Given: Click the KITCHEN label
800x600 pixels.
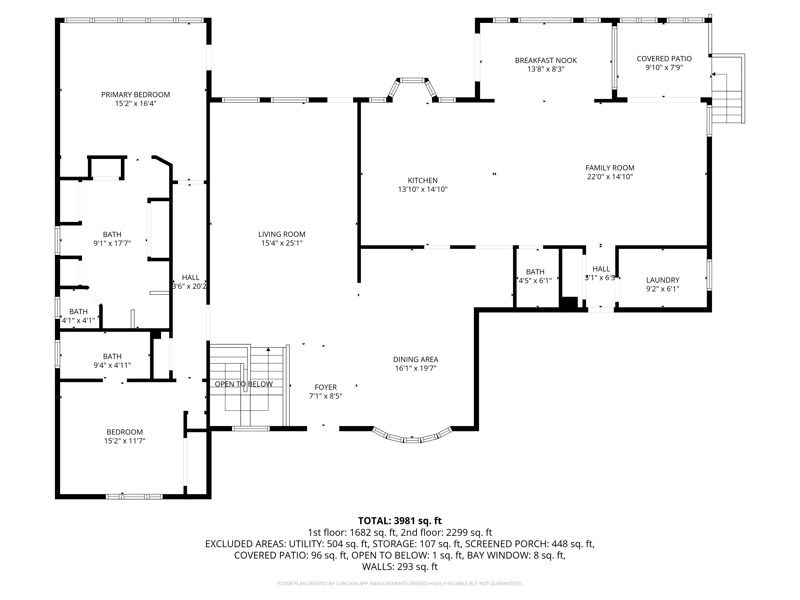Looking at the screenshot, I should [x=422, y=180].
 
